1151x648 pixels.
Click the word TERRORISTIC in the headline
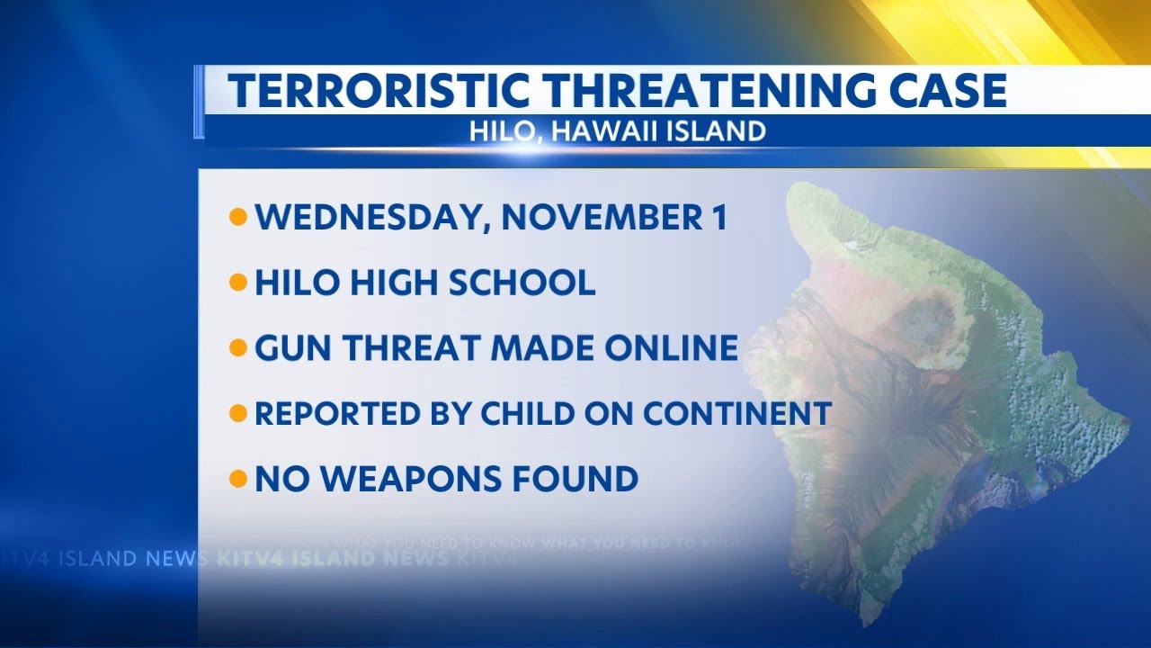378,91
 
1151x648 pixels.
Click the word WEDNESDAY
370,218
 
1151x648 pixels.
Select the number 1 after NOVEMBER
718,218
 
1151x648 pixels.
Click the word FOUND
575,479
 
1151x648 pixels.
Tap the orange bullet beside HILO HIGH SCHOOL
238,283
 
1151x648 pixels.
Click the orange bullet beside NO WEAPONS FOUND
238,479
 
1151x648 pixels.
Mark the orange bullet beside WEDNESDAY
238,218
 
